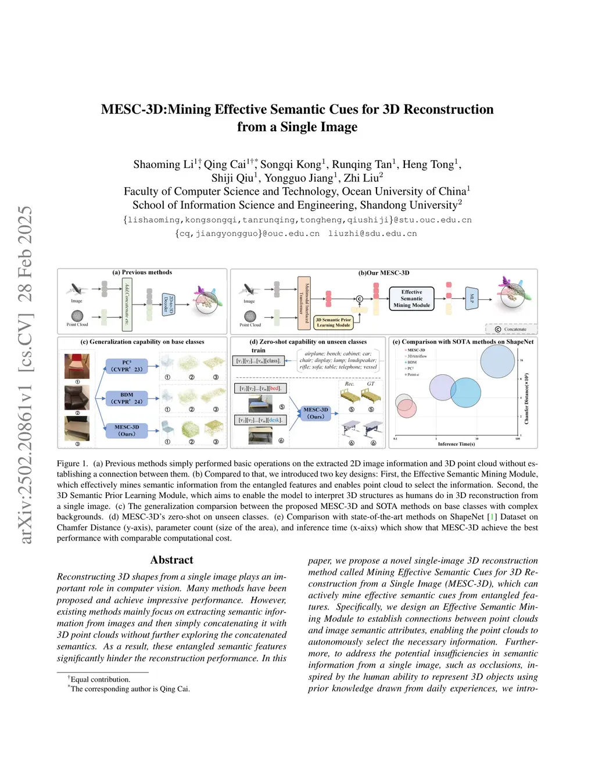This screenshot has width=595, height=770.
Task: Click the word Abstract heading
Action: [171, 560]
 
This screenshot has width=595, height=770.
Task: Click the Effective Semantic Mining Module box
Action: [411, 299]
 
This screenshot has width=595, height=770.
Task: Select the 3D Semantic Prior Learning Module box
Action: [334, 323]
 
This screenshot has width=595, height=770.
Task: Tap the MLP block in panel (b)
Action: [472, 298]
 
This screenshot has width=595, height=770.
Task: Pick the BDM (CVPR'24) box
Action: [127, 398]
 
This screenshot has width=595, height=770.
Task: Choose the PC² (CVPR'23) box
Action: [127, 366]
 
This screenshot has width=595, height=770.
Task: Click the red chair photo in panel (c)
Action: [77, 366]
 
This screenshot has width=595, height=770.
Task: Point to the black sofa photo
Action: [77, 398]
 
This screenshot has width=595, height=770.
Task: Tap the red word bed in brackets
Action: [274, 388]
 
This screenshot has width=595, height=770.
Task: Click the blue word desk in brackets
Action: [275, 420]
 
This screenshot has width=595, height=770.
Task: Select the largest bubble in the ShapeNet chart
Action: [498, 361]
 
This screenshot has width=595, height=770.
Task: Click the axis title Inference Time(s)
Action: [456, 444]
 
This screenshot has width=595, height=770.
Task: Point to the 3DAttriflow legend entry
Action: [417, 356]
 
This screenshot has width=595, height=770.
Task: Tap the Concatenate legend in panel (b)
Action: [511, 330]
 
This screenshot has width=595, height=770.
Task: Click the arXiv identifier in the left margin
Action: [26, 375]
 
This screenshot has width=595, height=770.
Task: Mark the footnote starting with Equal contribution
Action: [100, 679]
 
